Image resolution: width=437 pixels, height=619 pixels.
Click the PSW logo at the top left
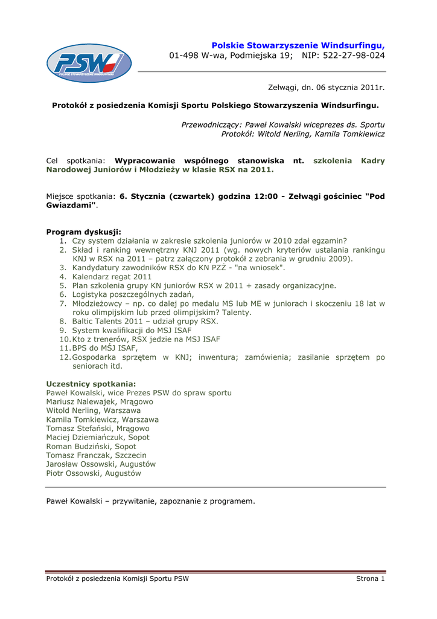pos(89,63)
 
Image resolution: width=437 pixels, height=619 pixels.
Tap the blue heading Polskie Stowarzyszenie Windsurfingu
pos(298,45)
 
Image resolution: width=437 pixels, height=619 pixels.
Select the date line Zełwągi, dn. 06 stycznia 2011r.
pos(326,88)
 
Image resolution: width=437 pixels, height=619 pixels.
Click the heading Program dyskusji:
pos(83,232)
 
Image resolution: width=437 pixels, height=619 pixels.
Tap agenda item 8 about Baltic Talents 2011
pos(145,322)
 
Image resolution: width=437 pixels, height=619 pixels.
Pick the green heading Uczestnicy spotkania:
pos(91,384)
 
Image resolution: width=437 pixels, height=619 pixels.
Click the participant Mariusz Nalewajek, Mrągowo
pos(100,401)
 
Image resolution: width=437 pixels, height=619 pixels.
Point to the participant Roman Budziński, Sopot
pos(91,446)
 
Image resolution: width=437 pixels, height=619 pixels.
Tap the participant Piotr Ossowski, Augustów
pos(94,473)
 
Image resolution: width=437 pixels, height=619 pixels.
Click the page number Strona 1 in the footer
pos(370,579)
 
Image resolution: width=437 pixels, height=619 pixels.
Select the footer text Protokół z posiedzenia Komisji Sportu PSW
pos(117,579)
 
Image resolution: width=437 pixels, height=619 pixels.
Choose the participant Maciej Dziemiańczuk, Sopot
pos(98,437)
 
